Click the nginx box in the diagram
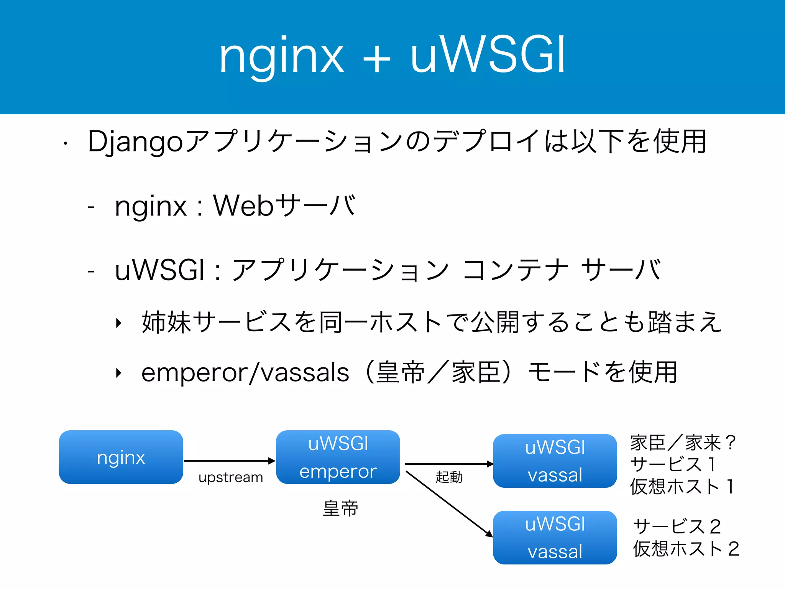click(121, 457)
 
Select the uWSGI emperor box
click(338, 457)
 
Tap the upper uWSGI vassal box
click(555, 461)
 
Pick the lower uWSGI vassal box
click(555, 537)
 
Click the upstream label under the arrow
click(231, 477)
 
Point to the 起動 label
click(449, 477)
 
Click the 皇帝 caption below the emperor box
click(340, 508)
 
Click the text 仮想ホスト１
click(682, 487)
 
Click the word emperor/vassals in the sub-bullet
click(245, 373)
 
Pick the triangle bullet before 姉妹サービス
click(119, 323)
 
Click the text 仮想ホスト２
click(685, 549)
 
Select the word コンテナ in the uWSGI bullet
click(516, 270)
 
